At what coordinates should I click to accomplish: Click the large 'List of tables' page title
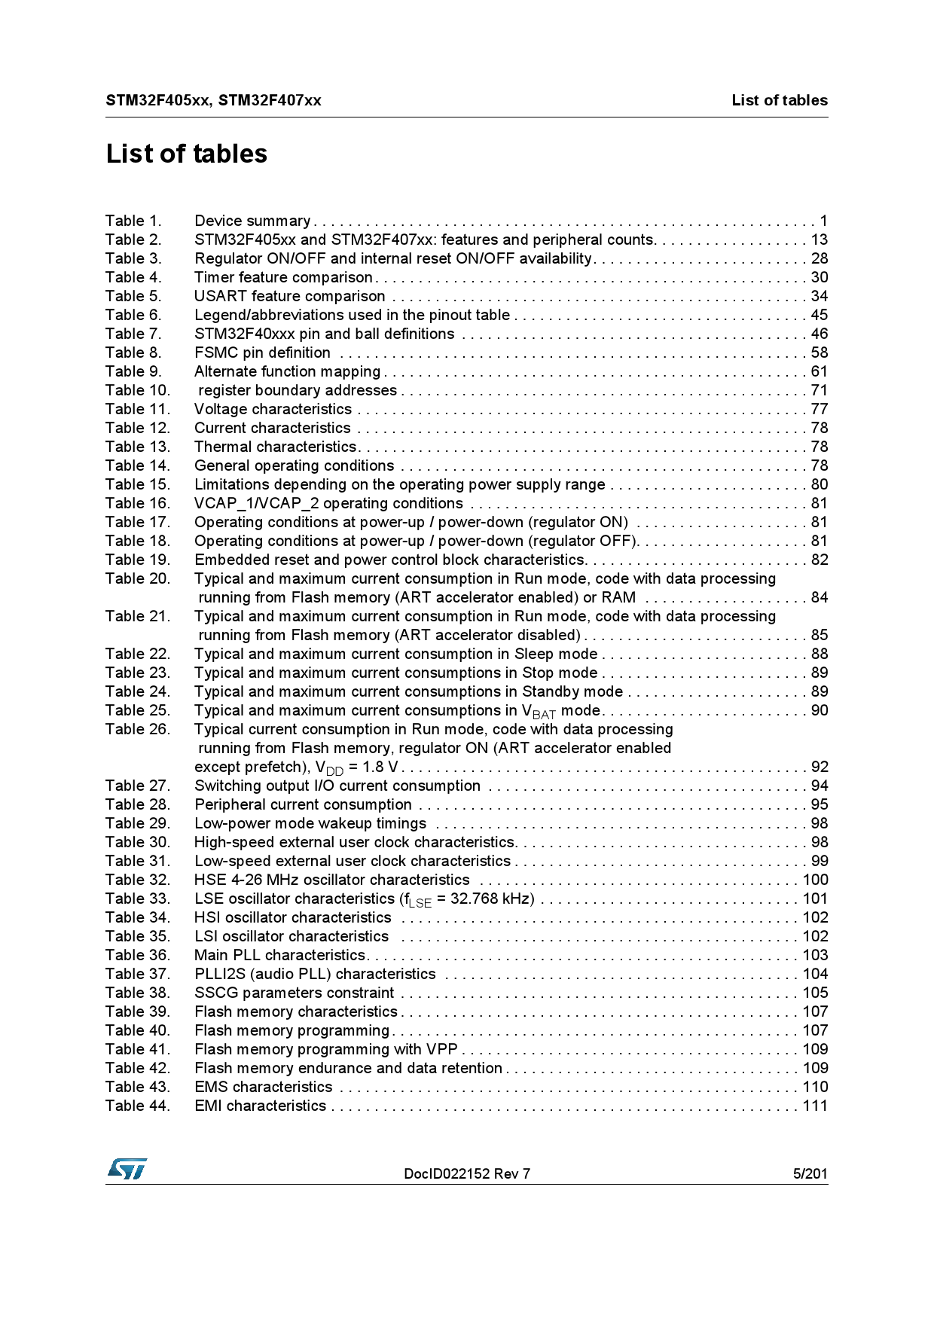pyautogui.click(x=187, y=154)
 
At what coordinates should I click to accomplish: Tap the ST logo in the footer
pyautogui.click(x=127, y=1169)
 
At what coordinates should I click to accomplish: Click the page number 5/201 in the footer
pyautogui.click(x=810, y=1173)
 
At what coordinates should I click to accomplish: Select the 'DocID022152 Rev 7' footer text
pyautogui.click(x=467, y=1173)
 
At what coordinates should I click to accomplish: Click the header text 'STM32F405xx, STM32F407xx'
pyautogui.click(x=213, y=100)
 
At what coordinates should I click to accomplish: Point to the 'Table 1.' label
pyautogui.click(x=133, y=221)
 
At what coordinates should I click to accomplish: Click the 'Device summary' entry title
pyautogui.click(x=252, y=221)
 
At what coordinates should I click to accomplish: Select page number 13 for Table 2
pyautogui.click(x=819, y=239)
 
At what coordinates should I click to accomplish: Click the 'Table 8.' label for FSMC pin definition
pyautogui.click(x=133, y=352)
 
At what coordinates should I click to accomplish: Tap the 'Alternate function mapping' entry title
pyautogui.click(x=287, y=371)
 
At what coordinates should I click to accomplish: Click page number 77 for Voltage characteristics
pyautogui.click(x=819, y=409)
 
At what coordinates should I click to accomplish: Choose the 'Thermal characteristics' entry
pyautogui.click(x=275, y=447)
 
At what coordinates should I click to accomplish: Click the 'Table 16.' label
pyautogui.click(x=138, y=503)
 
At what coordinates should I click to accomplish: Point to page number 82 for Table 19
pyautogui.click(x=819, y=560)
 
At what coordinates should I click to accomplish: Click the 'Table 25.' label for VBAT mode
pyautogui.click(x=138, y=710)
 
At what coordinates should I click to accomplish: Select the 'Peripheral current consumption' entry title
pyautogui.click(x=303, y=804)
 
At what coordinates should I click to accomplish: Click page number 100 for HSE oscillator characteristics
pyautogui.click(x=815, y=880)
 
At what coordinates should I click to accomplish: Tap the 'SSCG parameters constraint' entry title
pyautogui.click(x=294, y=993)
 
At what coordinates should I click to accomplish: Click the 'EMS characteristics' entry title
pyautogui.click(x=263, y=1087)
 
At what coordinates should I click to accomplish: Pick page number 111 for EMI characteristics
pyautogui.click(x=815, y=1106)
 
